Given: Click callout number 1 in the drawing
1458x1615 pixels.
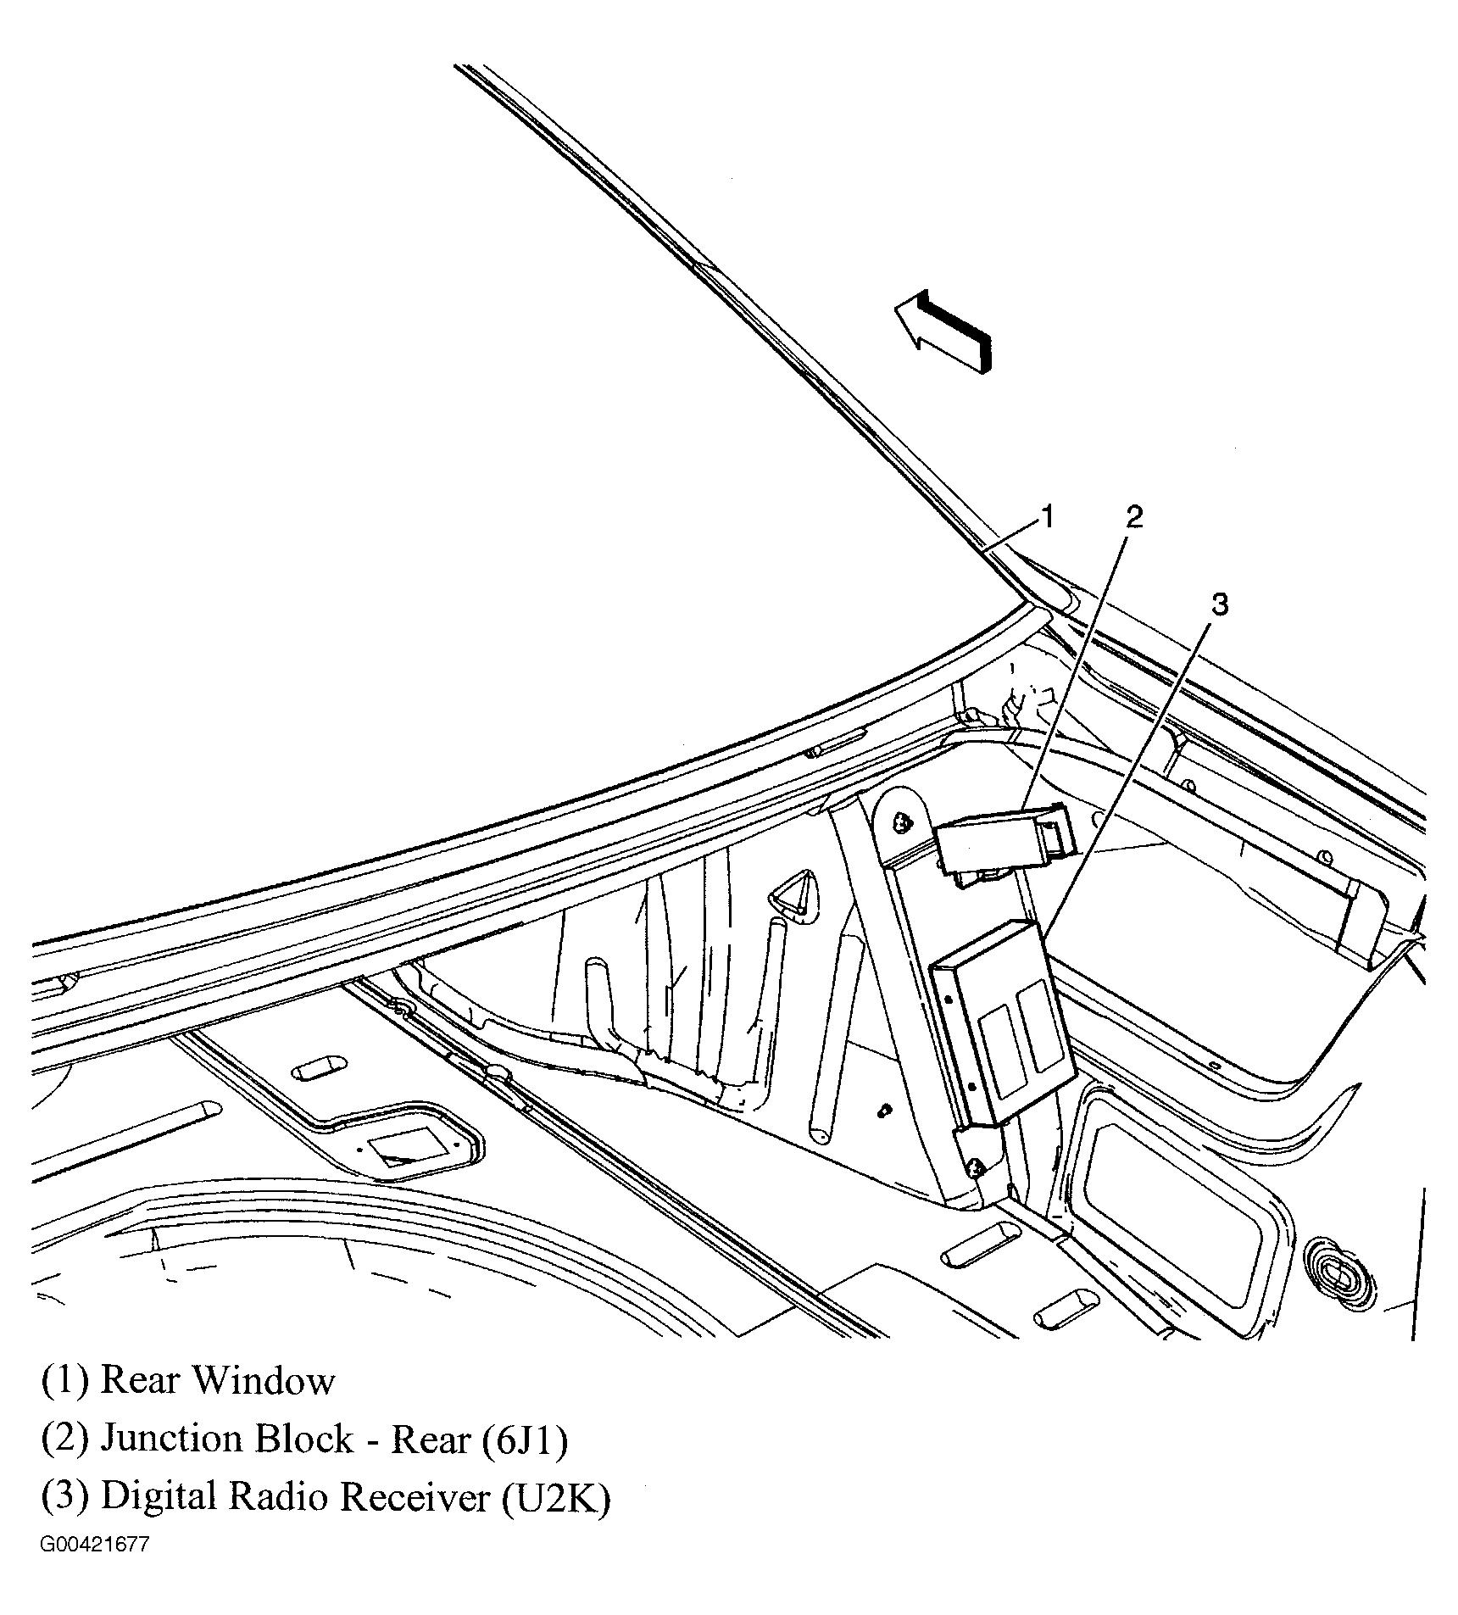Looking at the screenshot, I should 1048,516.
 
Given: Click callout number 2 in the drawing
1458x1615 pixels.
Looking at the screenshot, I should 1133,516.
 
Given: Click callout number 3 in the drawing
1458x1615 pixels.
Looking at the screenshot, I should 1219,605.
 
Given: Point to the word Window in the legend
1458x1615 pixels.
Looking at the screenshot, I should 265,1381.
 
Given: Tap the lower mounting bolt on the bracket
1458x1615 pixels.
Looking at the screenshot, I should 976,1167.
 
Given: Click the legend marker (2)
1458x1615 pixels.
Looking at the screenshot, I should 65,1440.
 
